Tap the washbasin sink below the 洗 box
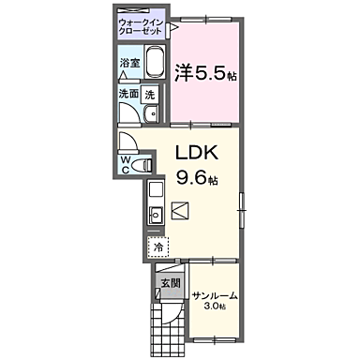pyautogui.click(x=152, y=115)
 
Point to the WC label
pyautogui.click(x=126, y=166)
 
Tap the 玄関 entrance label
pyautogui.click(x=168, y=281)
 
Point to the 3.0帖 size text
pyautogui.click(x=216, y=307)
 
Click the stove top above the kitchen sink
pyautogui.click(x=156, y=191)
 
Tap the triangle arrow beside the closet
pyautogui.click(x=174, y=29)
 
